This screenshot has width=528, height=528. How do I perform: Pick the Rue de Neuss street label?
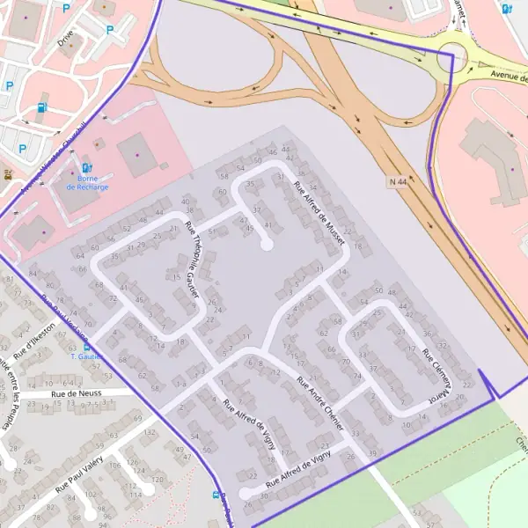click(77, 393)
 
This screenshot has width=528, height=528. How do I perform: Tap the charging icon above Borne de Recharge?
click(85, 167)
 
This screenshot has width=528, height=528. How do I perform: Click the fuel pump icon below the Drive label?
click(41, 110)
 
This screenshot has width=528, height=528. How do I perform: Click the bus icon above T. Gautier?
click(85, 347)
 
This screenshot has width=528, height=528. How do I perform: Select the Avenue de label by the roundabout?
click(507, 77)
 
